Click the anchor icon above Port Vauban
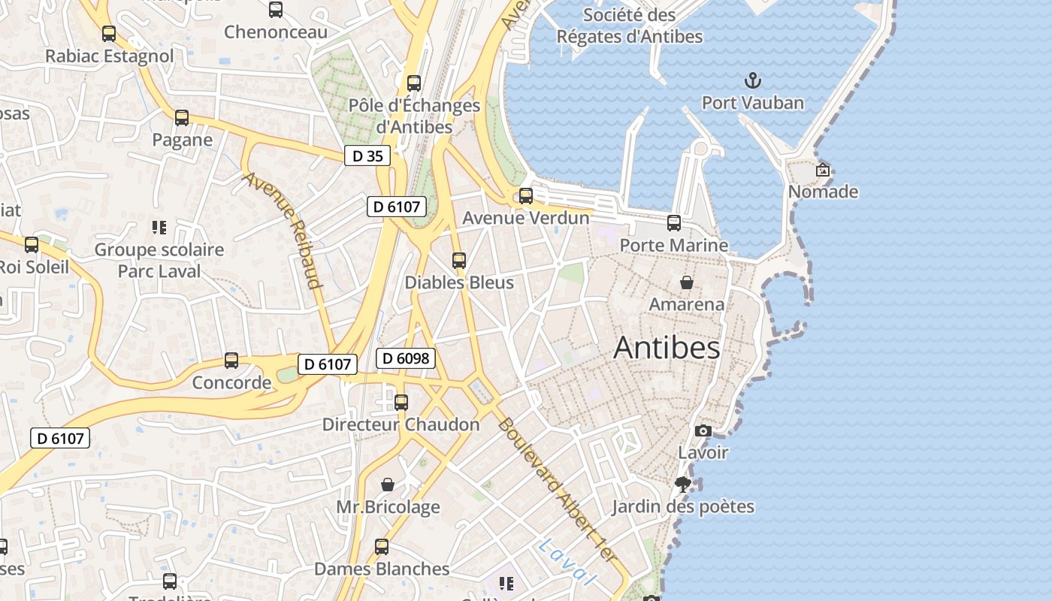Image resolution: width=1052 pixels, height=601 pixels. pyautogui.click(x=752, y=80)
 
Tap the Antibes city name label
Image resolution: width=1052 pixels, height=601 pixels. pyautogui.click(x=667, y=348)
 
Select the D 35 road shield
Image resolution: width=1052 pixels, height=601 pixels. pyautogui.click(x=367, y=156)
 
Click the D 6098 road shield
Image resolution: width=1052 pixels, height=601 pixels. pyautogui.click(x=406, y=358)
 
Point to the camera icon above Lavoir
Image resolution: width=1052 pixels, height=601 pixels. pyautogui.click(x=703, y=430)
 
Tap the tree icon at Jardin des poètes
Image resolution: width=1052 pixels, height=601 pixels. pyautogui.click(x=683, y=485)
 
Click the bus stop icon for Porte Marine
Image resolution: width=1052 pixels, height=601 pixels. pyautogui.click(x=674, y=222)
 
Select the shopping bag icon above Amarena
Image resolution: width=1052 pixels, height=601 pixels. pyautogui.click(x=687, y=282)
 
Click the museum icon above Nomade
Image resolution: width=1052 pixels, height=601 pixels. pyautogui.click(x=823, y=170)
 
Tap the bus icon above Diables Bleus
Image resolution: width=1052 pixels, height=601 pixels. pyautogui.click(x=459, y=261)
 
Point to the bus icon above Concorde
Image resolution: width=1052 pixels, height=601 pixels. pyautogui.click(x=231, y=361)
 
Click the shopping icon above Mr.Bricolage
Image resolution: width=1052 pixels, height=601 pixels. pyautogui.click(x=388, y=485)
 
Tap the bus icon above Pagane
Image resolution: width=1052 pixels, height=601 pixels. pyautogui.click(x=182, y=118)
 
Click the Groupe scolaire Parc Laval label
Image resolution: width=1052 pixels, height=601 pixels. pyautogui.click(x=159, y=260)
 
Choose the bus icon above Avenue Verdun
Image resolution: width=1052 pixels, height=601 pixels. pyautogui.click(x=526, y=196)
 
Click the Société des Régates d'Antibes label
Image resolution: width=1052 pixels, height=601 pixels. pyautogui.click(x=630, y=25)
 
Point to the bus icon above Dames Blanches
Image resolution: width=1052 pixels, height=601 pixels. pyautogui.click(x=382, y=547)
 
